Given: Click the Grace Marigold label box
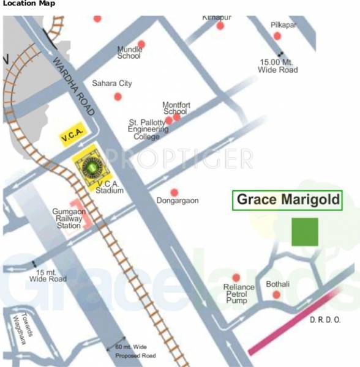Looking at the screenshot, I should pos(287,200).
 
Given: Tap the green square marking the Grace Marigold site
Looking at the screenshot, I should pos(304,232).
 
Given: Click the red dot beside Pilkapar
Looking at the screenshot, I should pos(277,36).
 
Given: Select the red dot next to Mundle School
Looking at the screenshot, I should pos(141,44).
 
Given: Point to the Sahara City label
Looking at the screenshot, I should pos(111,83).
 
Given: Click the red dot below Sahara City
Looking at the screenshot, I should pos(118,97).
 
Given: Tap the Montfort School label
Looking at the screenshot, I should pos(176,108).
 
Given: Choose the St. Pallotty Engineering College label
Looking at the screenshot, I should pos(148,129).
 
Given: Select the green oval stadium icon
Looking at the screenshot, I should pos(91,166).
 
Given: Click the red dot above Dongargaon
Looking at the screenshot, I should pos(174,192).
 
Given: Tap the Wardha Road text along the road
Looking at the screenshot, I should pos(73,86).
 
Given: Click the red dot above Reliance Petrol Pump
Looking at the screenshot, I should pos(236,278).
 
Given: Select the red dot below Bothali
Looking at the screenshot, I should pos(276,295).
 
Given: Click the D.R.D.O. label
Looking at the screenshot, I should pos(325,320).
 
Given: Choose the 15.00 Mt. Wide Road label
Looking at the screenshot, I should pos(279,65).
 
